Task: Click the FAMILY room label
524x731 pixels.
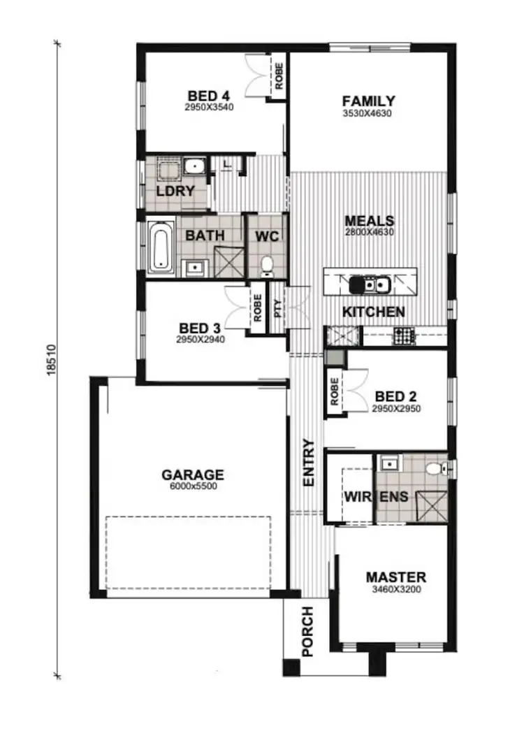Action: [368, 101]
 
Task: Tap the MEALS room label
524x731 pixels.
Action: [369, 221]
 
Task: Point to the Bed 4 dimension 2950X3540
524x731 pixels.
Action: [209, 108]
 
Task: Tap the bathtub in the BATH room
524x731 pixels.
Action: [161, 246]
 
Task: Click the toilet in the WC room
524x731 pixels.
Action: [266, 264]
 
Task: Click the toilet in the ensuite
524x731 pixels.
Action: [435, 468]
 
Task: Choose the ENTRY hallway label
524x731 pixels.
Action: [309, 463]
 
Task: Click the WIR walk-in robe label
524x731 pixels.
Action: [355, 497]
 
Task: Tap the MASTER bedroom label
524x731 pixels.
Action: [395, 577]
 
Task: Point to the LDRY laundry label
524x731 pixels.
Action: [175, 190]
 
